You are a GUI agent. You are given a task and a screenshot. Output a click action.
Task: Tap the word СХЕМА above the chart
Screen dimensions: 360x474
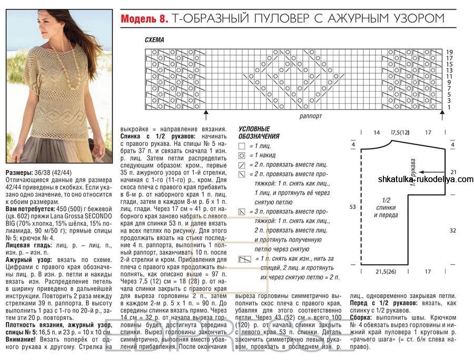154,40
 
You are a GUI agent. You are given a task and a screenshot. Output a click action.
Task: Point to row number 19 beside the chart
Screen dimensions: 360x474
449,52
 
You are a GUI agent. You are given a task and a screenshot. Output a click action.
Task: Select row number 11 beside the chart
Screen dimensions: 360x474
449,76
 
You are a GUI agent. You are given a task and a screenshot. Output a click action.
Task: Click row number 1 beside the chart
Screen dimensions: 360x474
449,107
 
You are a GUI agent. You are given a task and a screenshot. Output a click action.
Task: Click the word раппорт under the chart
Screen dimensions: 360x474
311,116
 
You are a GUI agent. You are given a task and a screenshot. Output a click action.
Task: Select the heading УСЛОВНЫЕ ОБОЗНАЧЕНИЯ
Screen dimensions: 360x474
259,133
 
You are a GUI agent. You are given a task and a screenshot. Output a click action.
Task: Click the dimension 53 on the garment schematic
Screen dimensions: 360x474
353,207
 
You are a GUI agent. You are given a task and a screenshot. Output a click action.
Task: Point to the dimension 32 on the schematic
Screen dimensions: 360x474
453,230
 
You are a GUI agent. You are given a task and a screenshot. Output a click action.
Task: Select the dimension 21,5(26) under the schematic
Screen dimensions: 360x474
386,272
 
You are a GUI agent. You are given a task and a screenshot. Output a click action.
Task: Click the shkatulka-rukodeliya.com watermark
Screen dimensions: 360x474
426,179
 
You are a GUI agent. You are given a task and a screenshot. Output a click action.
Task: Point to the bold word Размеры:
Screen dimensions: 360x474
21,173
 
